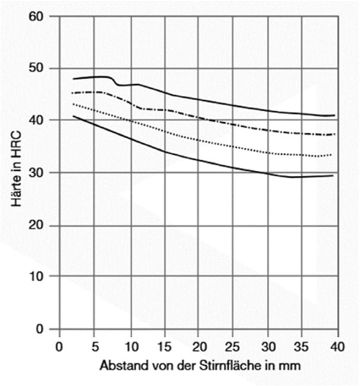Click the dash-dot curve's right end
[x=335, y=134]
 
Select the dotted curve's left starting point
[x=73, y=104]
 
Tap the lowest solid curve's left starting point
[x=73, y=116]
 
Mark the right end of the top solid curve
[x=335, y=115]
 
